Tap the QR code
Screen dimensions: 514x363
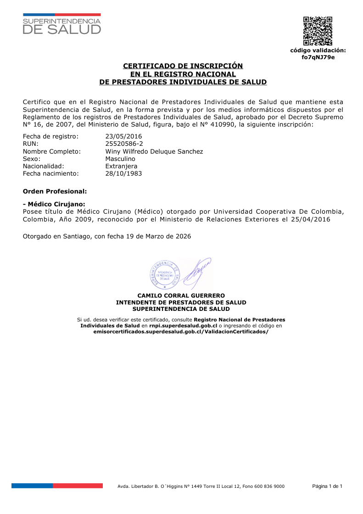tap(318, 31)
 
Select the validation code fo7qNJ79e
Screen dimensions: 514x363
tap(318, 57)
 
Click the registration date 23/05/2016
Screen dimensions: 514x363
tap(123, 136)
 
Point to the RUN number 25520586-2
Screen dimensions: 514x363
tap(124, 144)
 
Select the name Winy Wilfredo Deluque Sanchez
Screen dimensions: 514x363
tap(154, 151)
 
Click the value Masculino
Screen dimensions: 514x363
tap(120, 159)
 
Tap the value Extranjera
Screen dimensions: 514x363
tap(121, 166)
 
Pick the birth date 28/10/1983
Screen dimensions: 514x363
tap(123, 173)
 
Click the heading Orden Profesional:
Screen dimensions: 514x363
tap(55, 190)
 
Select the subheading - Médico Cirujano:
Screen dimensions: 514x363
tap(54, 204)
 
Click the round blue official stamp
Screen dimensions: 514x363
tap(164, 275)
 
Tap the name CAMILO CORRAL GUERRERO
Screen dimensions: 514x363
tap(181, 296)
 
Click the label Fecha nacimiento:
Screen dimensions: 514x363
tap(51, 173)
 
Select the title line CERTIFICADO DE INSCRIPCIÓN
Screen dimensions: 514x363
tap(183, 66)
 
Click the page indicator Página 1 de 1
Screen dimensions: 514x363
tap(327, 486)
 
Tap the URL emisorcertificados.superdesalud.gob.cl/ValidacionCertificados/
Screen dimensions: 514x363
tap(181, 332)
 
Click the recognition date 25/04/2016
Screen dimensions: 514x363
tap(311, 219)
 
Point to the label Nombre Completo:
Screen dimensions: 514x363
tap(52, 151)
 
